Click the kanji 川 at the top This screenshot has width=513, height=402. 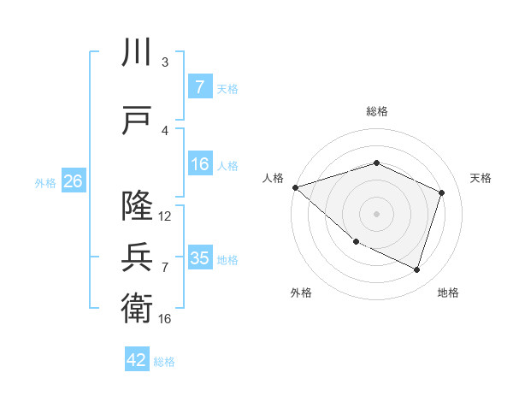136,53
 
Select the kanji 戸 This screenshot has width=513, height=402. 136,120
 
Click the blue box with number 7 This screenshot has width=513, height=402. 199,87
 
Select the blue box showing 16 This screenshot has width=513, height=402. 199,165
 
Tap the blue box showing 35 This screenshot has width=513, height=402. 199,258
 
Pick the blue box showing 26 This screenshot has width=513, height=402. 73,181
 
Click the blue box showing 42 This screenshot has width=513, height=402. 137,360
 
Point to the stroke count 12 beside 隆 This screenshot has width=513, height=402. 165,216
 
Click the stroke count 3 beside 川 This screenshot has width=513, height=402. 165,62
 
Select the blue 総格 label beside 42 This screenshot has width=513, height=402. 164,362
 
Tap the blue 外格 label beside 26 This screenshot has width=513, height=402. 44,183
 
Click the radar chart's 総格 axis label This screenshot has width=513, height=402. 377,111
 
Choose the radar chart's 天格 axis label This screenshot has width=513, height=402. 481,178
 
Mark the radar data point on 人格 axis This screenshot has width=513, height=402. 295,187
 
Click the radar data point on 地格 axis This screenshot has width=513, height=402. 416,270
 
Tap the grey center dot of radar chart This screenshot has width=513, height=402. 377,214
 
